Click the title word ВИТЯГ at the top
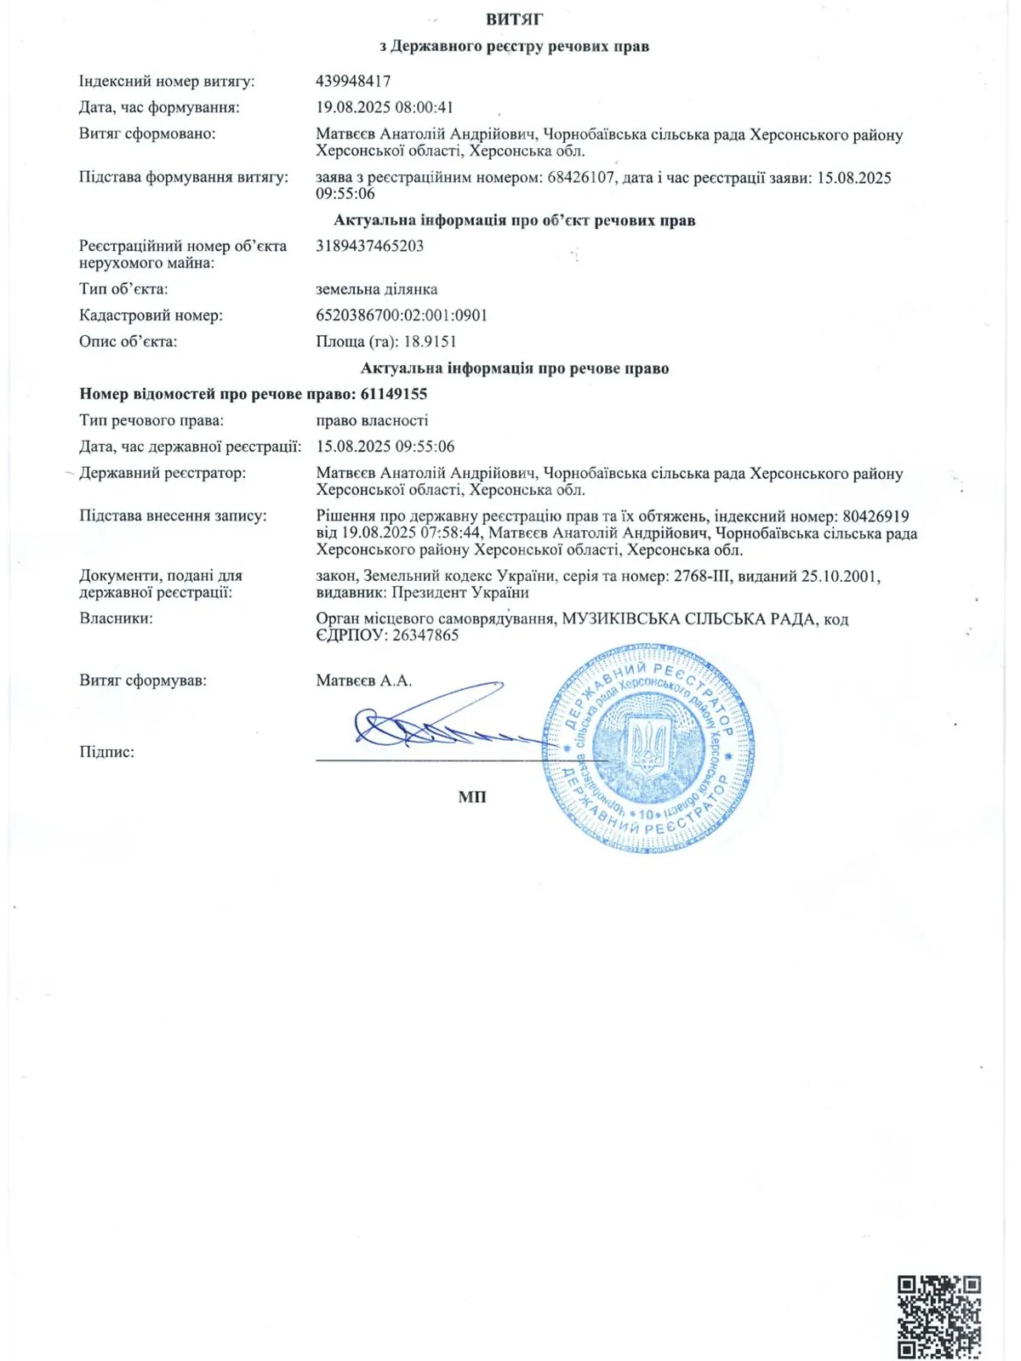click(514, 19)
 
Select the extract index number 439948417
click(353, 82)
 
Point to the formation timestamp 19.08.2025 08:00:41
click(385, 108)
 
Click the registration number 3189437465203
click(369, 246)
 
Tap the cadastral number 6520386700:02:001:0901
click(402, 316)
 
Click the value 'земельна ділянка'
click(377, 289)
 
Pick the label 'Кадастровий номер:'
click(151, 316)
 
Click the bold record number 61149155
click(394, 394)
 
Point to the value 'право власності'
click(372, 420)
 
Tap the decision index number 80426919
click(876, 516)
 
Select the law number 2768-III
click(703, 576)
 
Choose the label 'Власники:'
click(116, 618)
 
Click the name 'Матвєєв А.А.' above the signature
click(363, 680)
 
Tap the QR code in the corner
click(939, 1316)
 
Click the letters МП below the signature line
click(472, 797)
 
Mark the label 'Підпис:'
click(106, 752)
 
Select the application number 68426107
click(582, 178)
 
